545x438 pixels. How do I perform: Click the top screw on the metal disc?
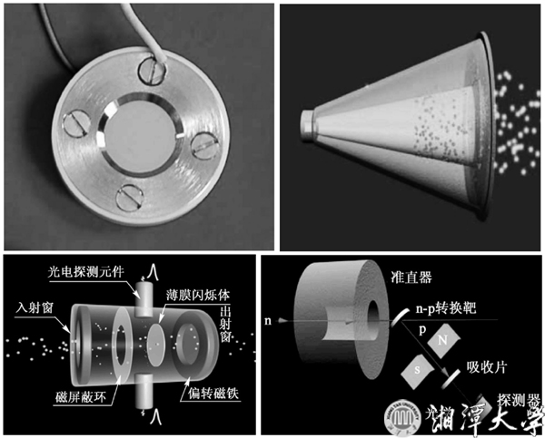151,67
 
